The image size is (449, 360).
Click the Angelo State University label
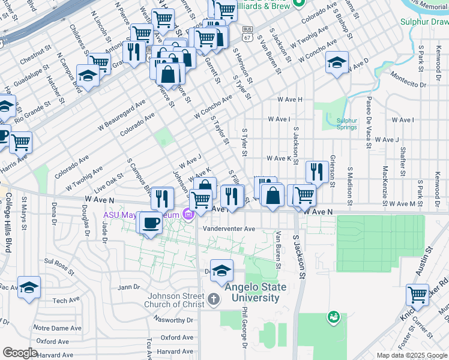pyautogui.click(x=255, y=293)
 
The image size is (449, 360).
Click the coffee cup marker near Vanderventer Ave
pyautogui.click(x=149, y=223)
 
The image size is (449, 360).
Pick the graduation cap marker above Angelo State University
pyautogui.click(x=221, y=271)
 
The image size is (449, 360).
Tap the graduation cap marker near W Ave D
pyautogui.click(x=337, y=62)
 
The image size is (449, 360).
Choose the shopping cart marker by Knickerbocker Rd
pyautogui.click(x=417, y=295)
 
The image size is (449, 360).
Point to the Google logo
pyautogui.click(x=20, y=353)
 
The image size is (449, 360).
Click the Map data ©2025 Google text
pyautogui.click(x=412, y=355)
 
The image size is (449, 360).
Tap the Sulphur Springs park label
pyautogui.click(x=342, y=123)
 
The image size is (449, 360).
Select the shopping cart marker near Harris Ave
pyautogui.click(x=20, y=143)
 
